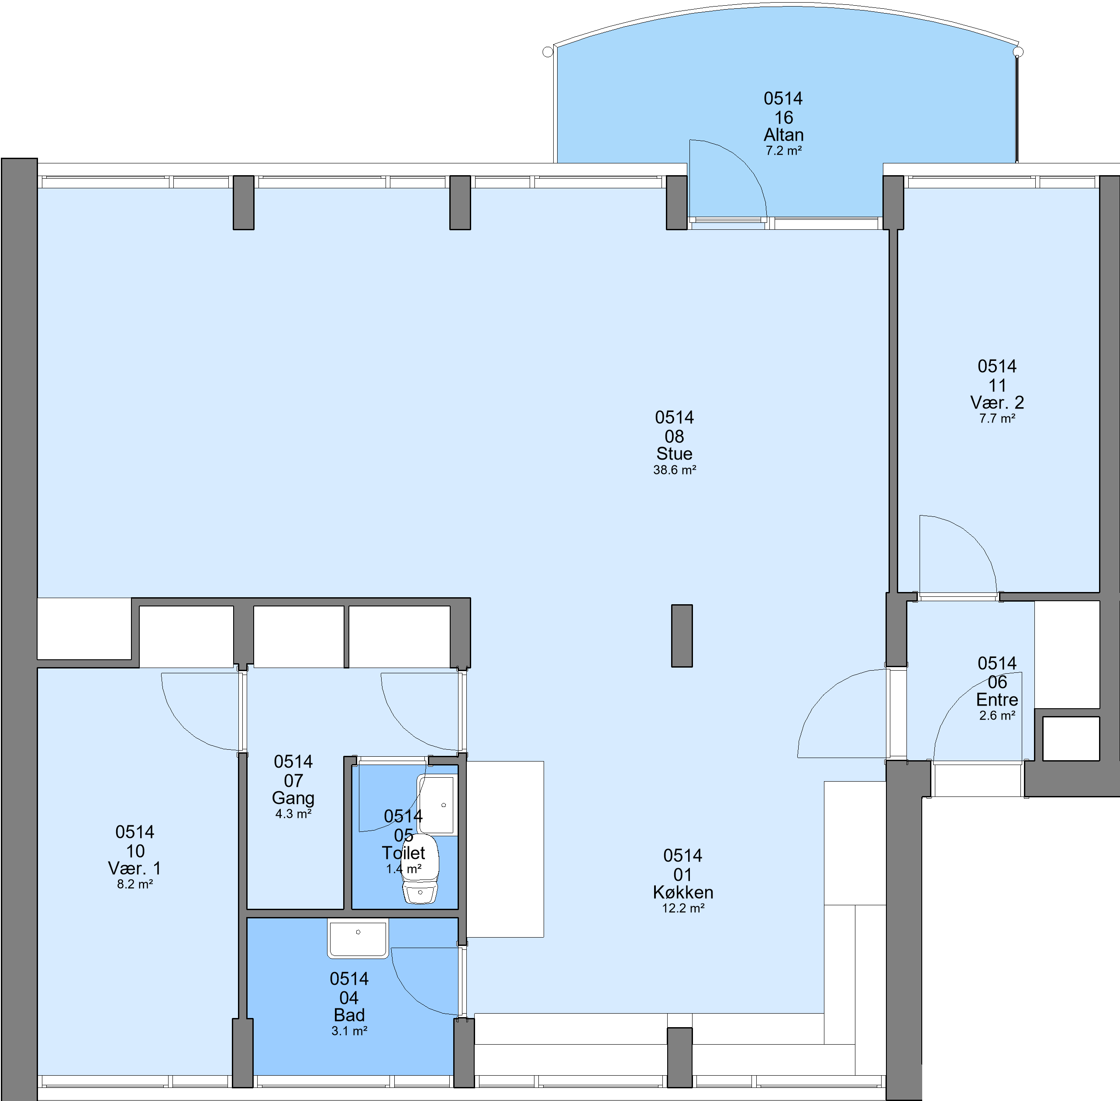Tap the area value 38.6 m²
click(x=675, y=470)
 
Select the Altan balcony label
click(x=784, y=135)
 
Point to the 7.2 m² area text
click(x=784, y=151)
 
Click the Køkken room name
click(x=683, y=892)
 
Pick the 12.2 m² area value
click(x=683, y=908)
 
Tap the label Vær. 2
click(x=997, y=402)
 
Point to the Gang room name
click(x=293, y=798)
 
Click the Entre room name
click(x=997, y=699)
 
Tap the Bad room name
click(x=349, y=1015)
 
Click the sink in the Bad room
click(x=358, y=938)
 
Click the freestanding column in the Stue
click(x=682, y=636)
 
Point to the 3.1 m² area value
click(x=349, y=1031)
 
